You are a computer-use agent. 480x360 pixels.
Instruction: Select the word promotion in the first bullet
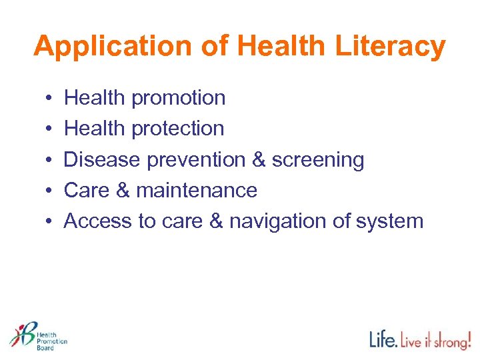tap(178, 99)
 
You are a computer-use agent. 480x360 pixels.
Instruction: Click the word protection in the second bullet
tap(177, 129)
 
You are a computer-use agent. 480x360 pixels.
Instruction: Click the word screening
tap(318, 160)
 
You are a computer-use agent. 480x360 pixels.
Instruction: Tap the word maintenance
tap(197, 191)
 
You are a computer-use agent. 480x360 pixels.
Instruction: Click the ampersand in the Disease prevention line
tap(258, 160)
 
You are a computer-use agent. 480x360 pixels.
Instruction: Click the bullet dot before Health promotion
tap(51, 99)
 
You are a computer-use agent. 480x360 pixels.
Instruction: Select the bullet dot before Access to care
tap(51, 221)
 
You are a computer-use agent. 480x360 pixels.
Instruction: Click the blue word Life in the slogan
tap(384, 339)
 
